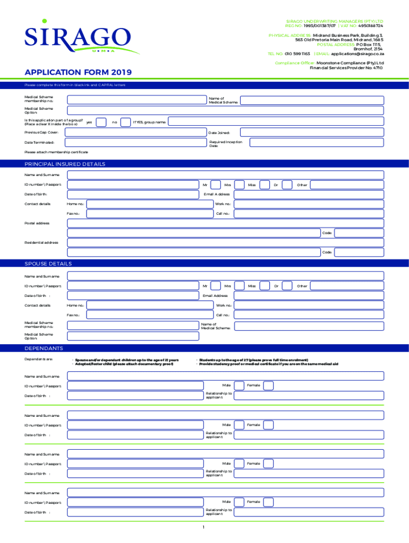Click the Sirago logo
coord(77,37)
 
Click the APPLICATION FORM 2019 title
coord(78,72)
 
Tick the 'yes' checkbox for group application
coord(101,122)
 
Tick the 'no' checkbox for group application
coord(125,122)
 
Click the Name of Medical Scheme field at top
coord(312,100)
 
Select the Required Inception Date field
coord(317,143)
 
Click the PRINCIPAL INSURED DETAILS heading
coord(65,164)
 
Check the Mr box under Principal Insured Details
coord(216,185)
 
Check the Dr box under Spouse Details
coord(287,286)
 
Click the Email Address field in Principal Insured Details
coord(309,195)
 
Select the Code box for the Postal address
coord(359,233)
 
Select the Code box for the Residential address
coord(359,252)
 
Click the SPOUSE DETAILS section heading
coord(48,264)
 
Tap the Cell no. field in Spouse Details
coord(309,315)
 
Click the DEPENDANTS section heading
coord(44,348)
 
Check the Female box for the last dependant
coord(268,502)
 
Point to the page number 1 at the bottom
coord(204,528)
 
